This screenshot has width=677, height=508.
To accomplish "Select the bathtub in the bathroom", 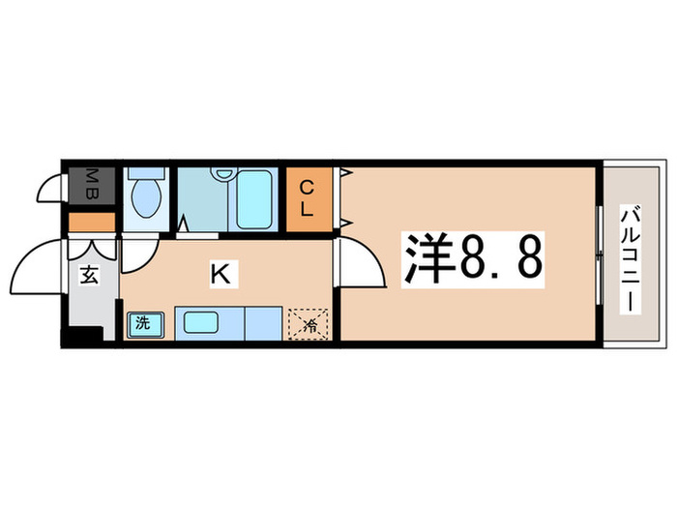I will click(x=255, y=200).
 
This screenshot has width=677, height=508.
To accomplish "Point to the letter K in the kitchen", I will click(x=220, y=275).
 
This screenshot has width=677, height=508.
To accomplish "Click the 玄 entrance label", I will click(x=88, y=277).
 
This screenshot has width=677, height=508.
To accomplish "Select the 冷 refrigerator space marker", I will click(x=308, y=324).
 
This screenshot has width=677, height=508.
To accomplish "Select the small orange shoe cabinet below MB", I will click(x=91, y=222).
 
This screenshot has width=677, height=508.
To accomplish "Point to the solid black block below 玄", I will click(x=81, y=338).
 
